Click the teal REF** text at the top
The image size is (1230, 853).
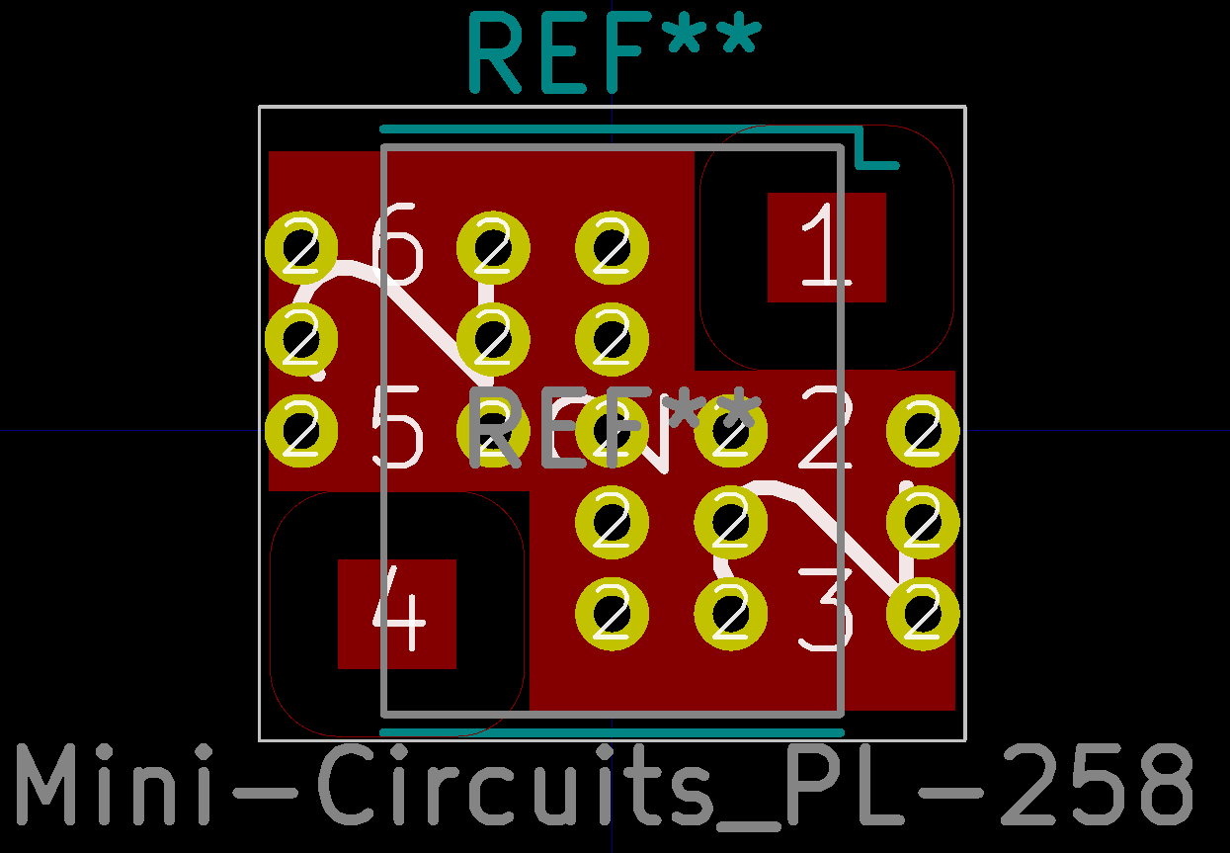click(x=613, y=51)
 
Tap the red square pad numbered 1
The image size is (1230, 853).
click(x=826, y=247)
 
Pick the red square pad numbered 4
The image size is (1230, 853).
click(x=397, y=614)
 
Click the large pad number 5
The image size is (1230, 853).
click(x=398, y=429)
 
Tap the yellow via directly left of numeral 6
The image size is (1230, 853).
click(x=301, y=247)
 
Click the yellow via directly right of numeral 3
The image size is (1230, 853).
click(x=923, y=613)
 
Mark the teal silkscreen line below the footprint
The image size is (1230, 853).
click(x=613, y=732)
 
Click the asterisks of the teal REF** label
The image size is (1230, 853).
click(x=711, y=40)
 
